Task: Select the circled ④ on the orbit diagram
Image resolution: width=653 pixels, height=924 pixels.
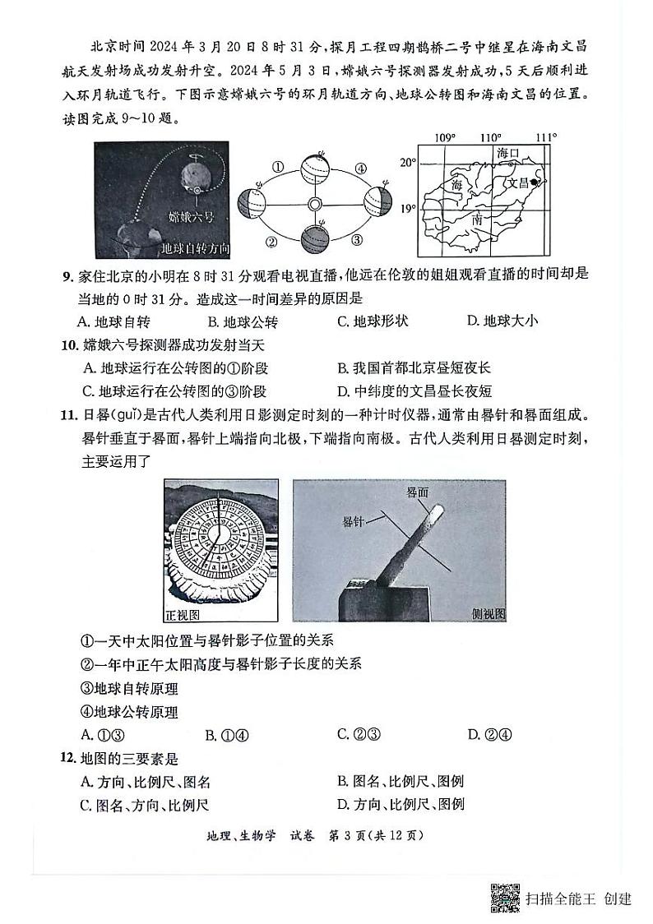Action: click(360, 169)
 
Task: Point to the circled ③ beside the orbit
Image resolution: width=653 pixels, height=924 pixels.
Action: click(357, 240)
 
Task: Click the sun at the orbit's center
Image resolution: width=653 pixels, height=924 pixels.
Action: click(314, 205)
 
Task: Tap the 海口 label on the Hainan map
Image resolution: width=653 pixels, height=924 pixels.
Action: click(509, 154)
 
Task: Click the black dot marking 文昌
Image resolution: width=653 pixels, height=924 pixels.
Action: click(535, 182)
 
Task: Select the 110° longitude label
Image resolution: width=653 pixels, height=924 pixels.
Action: click(491, 136)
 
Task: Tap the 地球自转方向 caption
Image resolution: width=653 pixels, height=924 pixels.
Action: click(194, 248)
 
